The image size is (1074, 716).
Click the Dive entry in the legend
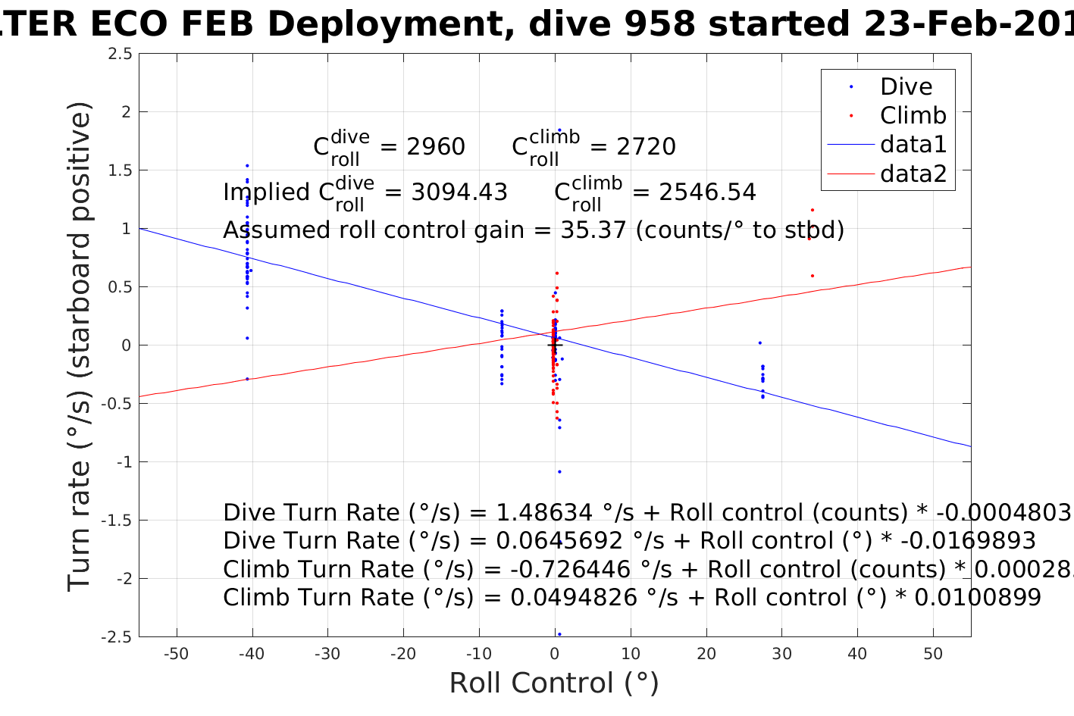906,87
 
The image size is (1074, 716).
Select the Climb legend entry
913,116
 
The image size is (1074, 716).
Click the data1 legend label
913,145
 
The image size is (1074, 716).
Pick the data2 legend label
913,174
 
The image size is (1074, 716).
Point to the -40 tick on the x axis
252,654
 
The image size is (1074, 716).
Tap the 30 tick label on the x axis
781,654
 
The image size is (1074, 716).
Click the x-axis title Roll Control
554,683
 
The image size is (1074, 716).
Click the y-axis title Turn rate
80,346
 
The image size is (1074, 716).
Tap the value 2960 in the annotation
436,147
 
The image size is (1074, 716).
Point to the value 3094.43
459,192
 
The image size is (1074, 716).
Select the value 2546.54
707,192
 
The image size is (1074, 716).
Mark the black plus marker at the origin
554,345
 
